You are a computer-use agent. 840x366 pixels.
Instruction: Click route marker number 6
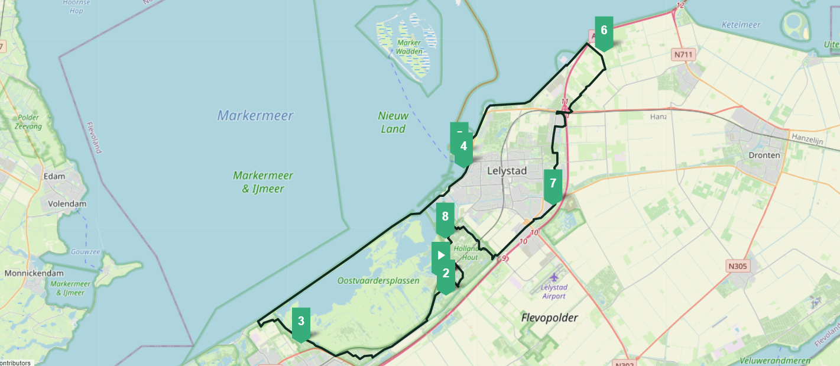pyautogui.click(x=604, y=31)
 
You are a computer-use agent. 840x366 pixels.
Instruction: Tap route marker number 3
pyautogui.click(x=301, y=322)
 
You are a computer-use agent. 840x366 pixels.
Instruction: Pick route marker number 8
pyautogui.click(x=445, y=217)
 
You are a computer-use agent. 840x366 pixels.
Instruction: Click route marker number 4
pyautogui.click(x=463, y=147)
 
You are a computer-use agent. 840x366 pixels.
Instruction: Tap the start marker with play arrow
pyautogui.click(x=440, y=255)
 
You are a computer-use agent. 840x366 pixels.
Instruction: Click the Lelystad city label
pyautogui.click(x=507, y=171)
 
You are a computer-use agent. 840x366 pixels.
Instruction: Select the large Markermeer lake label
pyautogui.click(x=255, y=115)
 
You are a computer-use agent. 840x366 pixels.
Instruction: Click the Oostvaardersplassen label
pyautogui.click(x=378, y=281)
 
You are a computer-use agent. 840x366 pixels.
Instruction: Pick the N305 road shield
pyautogui.click(x=738, y=266)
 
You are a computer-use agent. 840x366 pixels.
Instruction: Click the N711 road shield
pyautogui.click(x=683, y=55)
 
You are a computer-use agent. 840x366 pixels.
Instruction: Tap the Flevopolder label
pyautogui.click(x=550, y=318)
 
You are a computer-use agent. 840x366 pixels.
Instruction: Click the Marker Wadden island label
pyautogui.click(x=409, y=47)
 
